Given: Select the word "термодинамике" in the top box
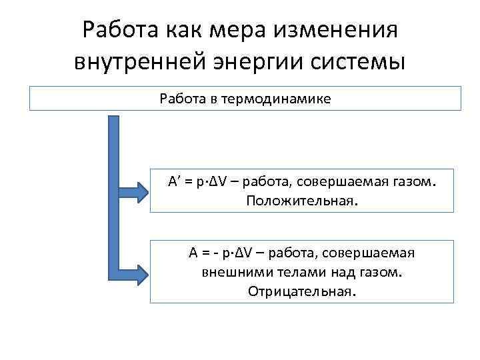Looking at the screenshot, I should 279,99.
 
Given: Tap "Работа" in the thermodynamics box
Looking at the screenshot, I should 183,99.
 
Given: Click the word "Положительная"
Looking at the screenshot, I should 301,200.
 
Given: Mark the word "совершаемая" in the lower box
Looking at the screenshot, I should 377,254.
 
